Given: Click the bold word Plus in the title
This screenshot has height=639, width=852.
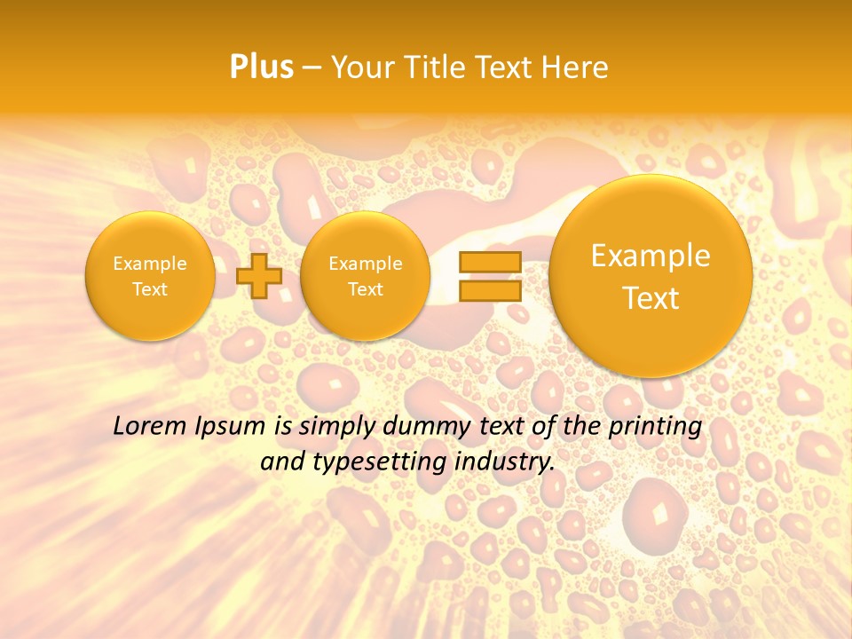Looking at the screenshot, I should click(x=261, y=67).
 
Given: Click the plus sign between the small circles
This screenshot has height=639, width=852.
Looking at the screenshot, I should click(x=259, y=275).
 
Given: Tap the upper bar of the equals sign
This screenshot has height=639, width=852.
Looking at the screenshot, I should click(x=490, y=262).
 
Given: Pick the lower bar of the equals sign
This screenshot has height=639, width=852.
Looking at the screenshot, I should click(x=490, y=290).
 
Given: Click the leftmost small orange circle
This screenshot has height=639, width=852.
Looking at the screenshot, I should click(x=150, y=276).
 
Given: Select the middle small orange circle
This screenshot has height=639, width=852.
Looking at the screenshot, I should click(x=366, y=276).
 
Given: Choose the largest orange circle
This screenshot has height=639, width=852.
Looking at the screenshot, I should click(x=651, y=276).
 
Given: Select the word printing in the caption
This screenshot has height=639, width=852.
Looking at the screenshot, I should click(x=655, y=427).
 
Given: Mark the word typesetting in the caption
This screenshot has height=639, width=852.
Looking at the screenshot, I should click(x=390, y=461).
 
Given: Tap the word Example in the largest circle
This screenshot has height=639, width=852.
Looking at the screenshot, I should click(x=651, y=256).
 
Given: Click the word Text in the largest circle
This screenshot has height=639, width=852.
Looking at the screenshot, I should click(x=651, y=298).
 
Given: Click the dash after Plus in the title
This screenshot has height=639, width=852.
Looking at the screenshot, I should click(x=312, y=68).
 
